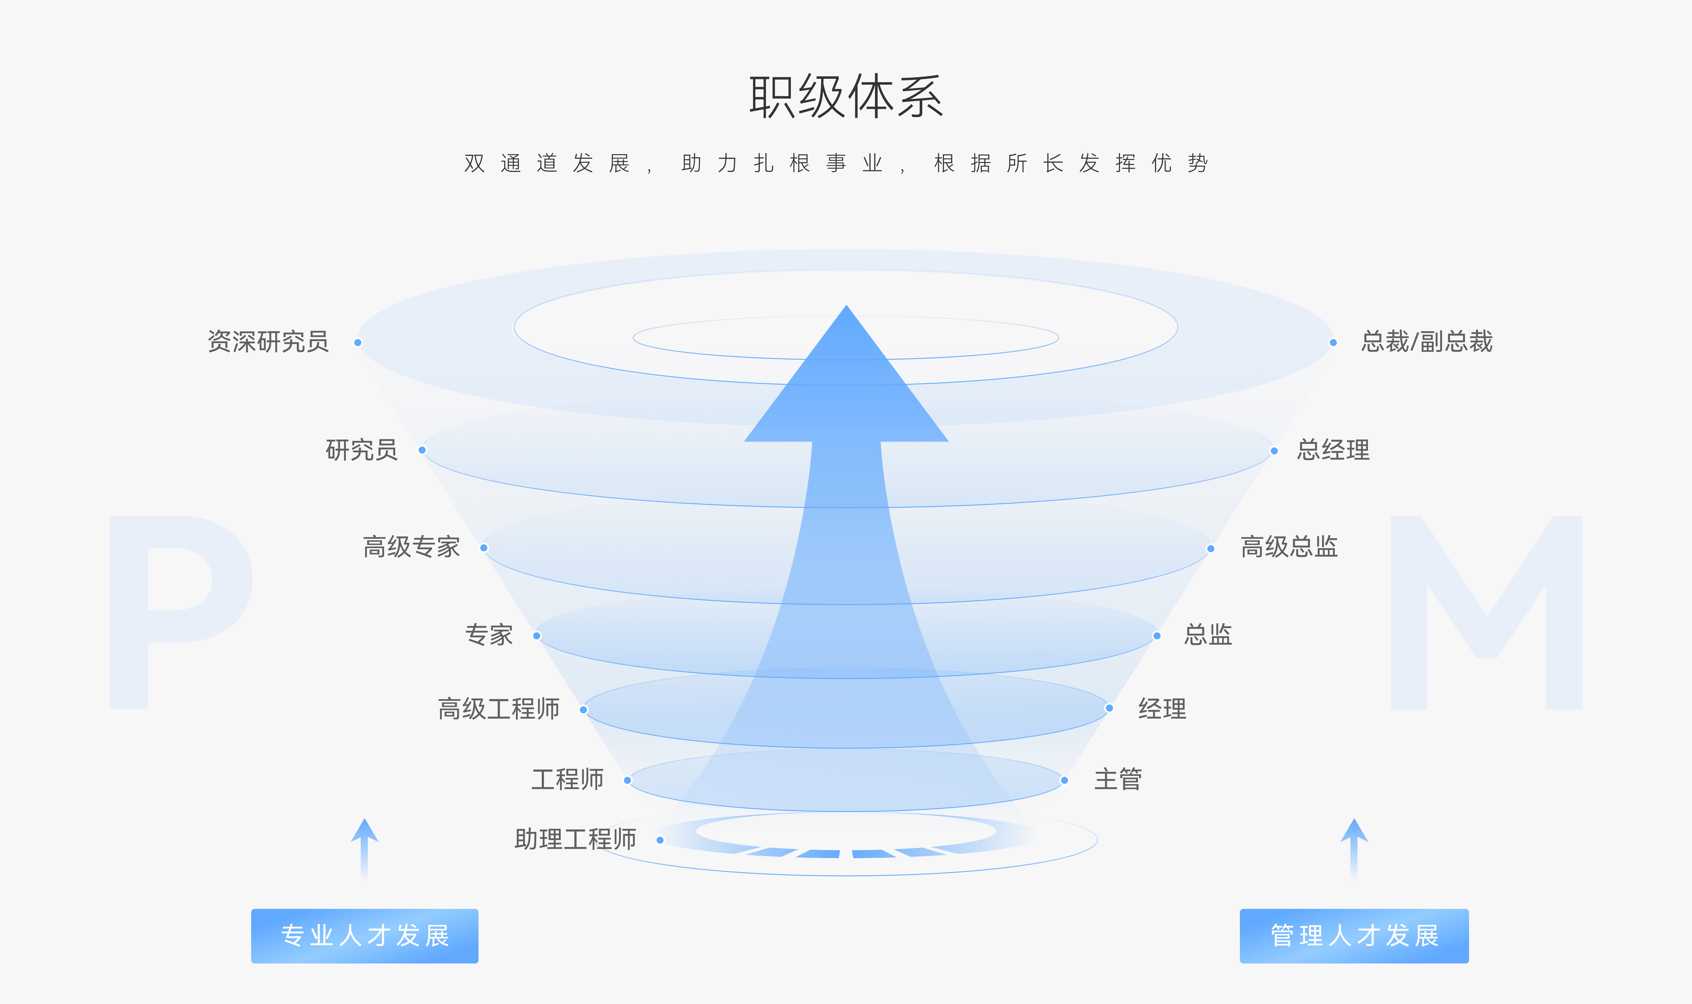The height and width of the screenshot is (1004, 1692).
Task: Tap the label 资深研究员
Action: coord(268,342)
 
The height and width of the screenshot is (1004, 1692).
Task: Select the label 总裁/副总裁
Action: coord(1427,342)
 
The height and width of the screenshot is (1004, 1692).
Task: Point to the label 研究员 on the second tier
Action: coord(361,450)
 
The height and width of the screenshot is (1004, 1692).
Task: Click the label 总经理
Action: coord(1333,450)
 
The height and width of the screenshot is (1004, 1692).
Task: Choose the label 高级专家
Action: coord(412,547)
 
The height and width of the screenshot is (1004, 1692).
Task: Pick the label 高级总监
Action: coord(1289,547)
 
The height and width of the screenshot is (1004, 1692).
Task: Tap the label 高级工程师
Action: coord(499,709)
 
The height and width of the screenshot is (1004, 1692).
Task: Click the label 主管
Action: coord(1118,779)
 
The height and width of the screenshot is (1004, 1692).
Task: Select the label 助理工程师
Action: coord(575,839)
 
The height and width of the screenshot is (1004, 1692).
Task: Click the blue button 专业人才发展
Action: coord(365,936)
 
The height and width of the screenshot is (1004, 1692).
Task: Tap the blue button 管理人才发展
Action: coord(1354,936)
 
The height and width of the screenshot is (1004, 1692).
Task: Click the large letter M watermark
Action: coord(1486,612)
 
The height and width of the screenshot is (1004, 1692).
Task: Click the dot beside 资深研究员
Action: coord(358,342)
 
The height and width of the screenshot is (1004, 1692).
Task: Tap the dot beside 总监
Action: coord(1157,636)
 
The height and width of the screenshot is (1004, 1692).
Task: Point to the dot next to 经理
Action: coord(1109,708)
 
